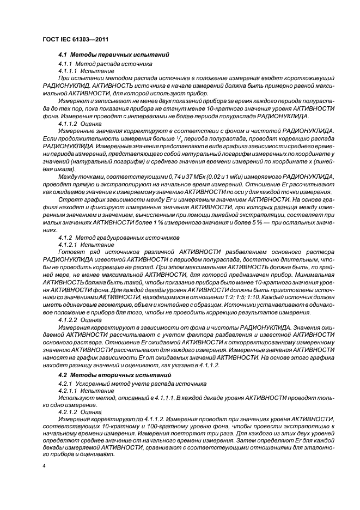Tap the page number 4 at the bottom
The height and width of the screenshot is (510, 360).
[43, 466]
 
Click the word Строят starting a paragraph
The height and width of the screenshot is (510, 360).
[70, 200]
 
